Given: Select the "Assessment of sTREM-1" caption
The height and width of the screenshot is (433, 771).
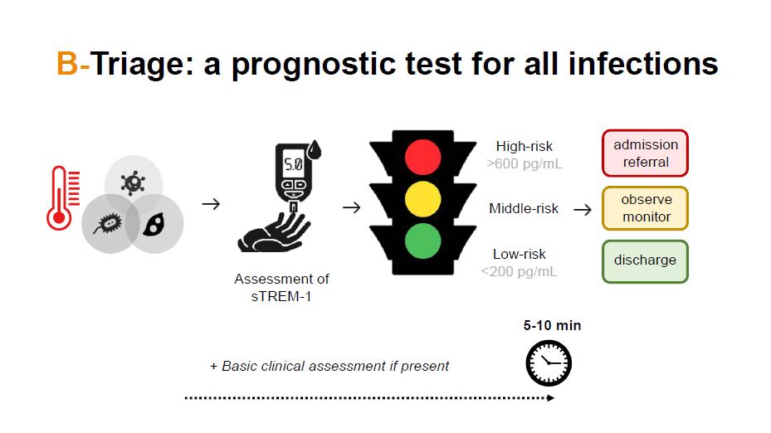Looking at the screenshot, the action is click(x=281, y=287).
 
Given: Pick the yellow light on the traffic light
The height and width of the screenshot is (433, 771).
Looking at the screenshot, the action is click(x=423, y=199).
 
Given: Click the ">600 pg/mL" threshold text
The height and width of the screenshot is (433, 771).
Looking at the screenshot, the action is click(x=525, y=163).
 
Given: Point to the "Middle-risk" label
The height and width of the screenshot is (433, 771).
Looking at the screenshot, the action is click(x=524, y=208).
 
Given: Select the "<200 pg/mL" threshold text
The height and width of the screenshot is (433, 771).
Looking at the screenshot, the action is click(x=520, y=270).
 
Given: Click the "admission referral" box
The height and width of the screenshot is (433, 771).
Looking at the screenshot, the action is click(x=646, y=153).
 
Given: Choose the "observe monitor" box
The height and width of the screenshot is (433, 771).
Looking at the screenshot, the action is click(x=646, y=208).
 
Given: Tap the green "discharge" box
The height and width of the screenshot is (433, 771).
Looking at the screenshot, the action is click(x=645, y=260).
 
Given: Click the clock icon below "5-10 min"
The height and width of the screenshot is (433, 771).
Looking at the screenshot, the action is click(x=549, y=363).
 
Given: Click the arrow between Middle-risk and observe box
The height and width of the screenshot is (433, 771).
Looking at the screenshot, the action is click(x=583, y=209).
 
